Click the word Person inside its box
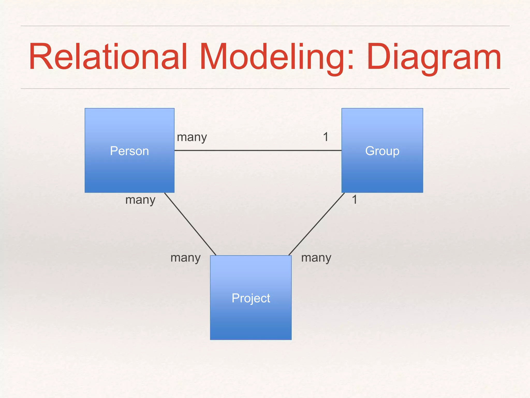[x=129, y=151]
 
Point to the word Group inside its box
[x=382, y=151]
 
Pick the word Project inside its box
[x=251, y=298]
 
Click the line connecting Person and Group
[x=258, y=150]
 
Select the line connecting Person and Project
[x=190, y=224]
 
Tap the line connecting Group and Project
[x=316, y=224]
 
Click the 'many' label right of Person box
[x=192, y=137]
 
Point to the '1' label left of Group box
[x=326, y=137]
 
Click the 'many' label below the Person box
[x=140, y=200]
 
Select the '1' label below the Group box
[x=355, y=200]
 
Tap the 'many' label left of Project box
[x=185, y=258]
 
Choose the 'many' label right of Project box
[x=316, y=258]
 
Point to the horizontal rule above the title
[x=265, y=26]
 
